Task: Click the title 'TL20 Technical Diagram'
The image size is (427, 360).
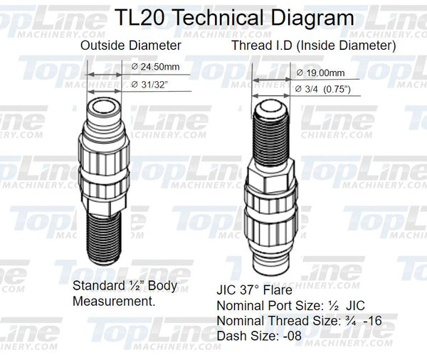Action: coord(213,16)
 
